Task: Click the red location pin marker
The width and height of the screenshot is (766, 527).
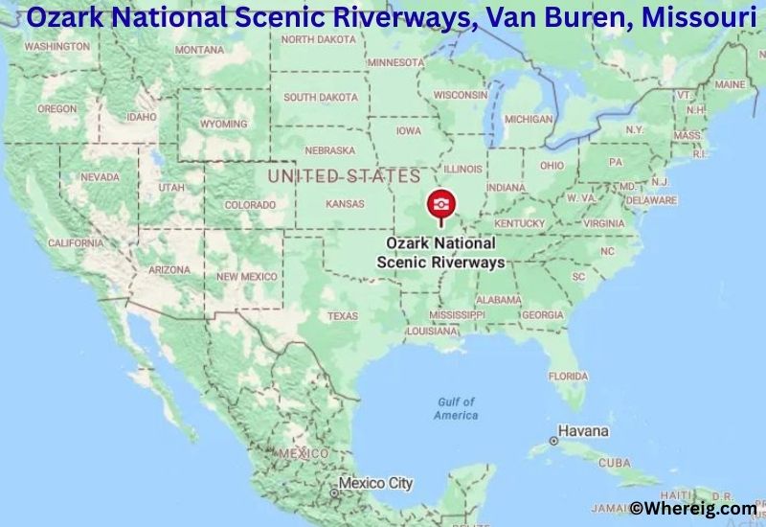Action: (x=440, y=204)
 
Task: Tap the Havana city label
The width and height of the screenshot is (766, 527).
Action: (x=583, y=430)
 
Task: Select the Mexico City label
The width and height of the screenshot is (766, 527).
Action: (x=375, y=483)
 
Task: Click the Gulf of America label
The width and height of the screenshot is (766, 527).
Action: (x=456, y=408)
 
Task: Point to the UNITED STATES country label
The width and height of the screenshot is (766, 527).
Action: (x=344, y=176)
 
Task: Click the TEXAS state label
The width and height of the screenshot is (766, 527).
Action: (x=342, y=315)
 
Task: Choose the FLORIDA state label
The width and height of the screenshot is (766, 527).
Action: (x=568, y=376)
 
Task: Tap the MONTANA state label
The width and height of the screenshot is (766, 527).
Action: (x=200, y=50)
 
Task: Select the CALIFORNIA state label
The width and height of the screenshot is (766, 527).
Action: (x=75, y=243)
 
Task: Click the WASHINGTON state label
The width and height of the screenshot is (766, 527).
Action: (x=56, y=46)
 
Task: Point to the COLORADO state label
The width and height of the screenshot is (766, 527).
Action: (x=250, y=205)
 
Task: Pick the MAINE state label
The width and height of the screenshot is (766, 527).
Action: (x=730, y=84)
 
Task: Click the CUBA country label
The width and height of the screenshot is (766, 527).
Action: (x=614, y=463)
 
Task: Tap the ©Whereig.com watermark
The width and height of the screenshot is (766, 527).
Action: (x=692, y=509)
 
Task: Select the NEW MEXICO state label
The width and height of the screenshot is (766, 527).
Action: (x=246, y=276)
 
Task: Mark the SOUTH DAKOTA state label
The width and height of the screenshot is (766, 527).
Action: (x=321, y=97)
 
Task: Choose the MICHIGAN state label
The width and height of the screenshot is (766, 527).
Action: (x=528, y=120)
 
